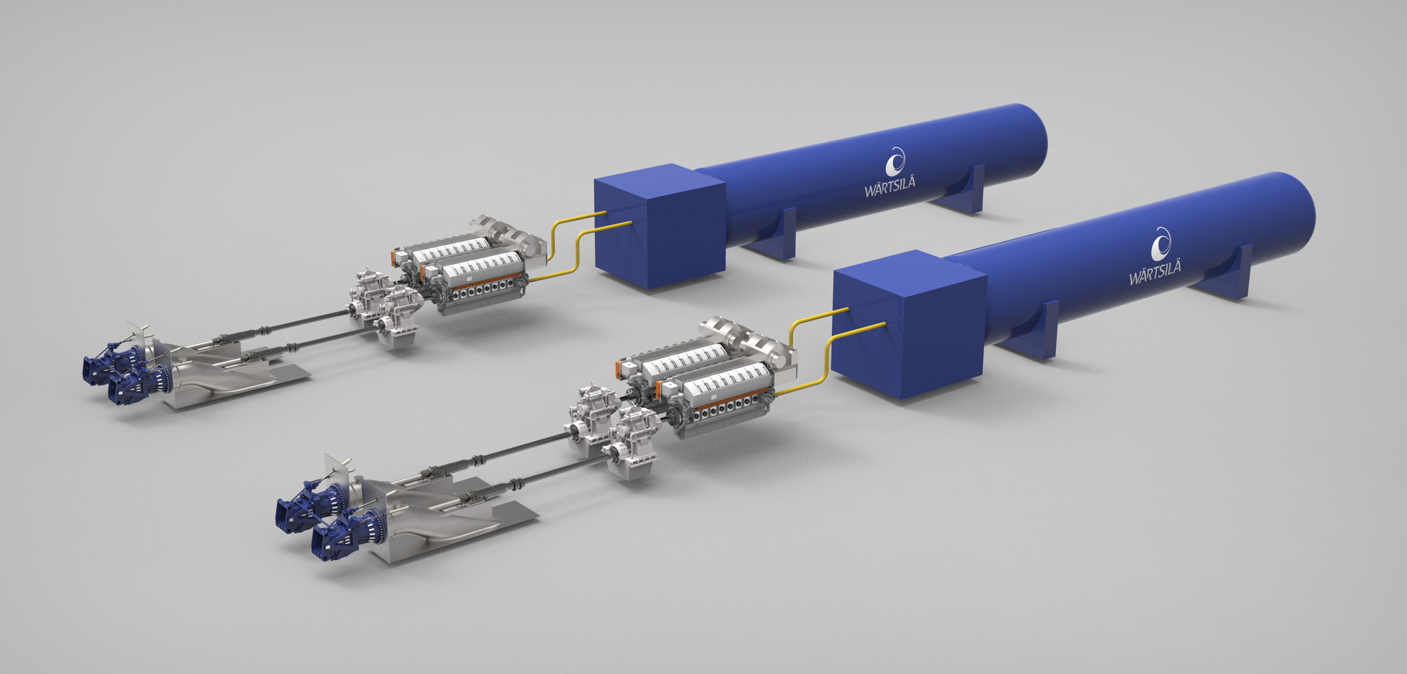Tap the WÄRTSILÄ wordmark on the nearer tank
pos(1155,272)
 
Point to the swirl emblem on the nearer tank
pos(1161,243)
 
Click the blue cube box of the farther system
pos(659,226)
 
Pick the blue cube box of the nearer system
pos(910,324)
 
